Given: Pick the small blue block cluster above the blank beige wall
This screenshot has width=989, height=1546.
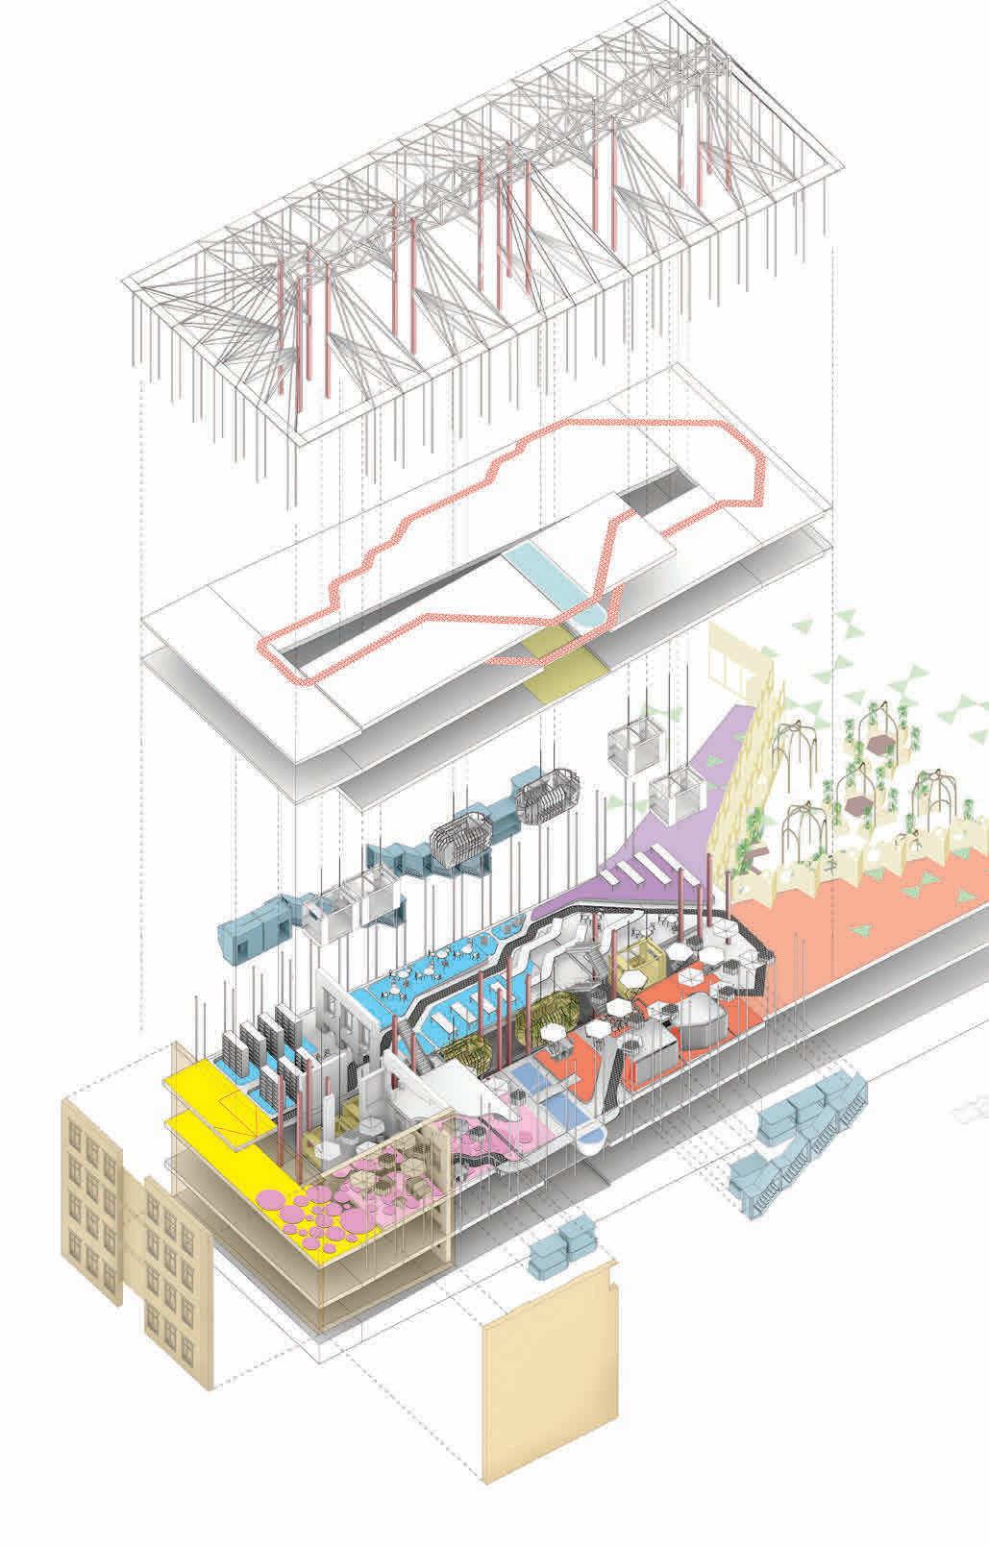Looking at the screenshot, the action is (x=561, y=1250).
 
